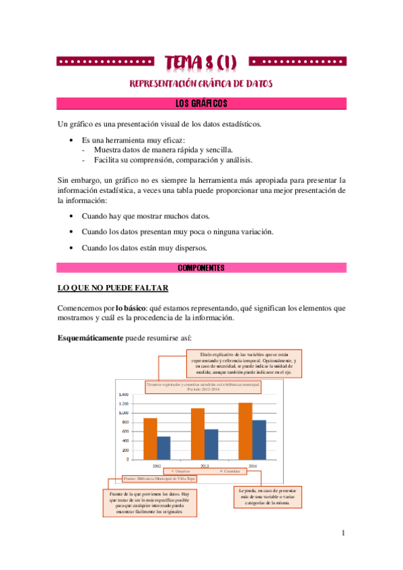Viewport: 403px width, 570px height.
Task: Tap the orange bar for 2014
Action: coord(245,431)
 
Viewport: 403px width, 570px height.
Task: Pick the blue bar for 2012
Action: coord(163,448)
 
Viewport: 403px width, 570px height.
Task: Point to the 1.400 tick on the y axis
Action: coord(124,395)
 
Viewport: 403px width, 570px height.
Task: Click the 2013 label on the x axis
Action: coord(204,465)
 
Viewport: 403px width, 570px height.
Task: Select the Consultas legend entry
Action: coord(229,472)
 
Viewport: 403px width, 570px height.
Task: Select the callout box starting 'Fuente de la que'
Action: coord(149,503)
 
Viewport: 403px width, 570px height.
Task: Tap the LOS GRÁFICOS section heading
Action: coord(201,104)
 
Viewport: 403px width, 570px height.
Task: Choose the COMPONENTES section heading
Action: coord(201,268)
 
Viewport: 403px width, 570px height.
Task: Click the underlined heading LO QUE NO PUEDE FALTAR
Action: coord(112,288)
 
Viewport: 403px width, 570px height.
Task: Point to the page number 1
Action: coord(343,534)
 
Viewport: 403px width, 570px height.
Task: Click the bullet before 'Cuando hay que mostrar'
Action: coord(72,216)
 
